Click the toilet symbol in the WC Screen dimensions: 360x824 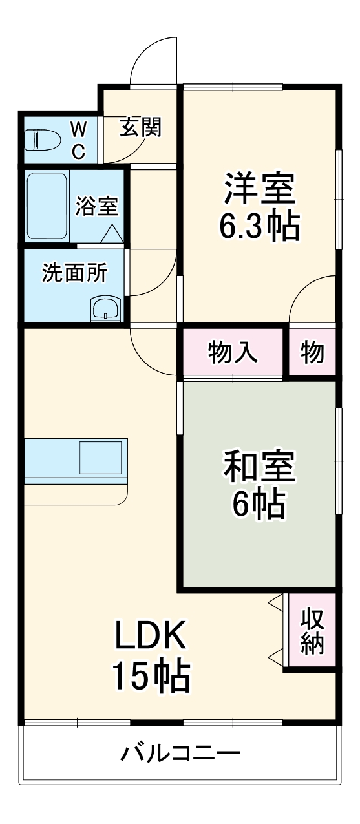[41, 140]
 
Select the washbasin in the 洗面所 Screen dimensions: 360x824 [106, 308]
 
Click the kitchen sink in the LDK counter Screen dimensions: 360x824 [101, 458]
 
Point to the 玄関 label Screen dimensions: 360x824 [141, 127]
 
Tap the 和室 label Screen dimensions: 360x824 [260, 467]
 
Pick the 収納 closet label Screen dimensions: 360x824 [312, 631]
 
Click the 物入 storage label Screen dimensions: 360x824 [233, 352]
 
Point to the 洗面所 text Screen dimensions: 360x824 [74, 273]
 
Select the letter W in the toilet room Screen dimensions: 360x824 [79, 129]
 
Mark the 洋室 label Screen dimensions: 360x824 [260, 188]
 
